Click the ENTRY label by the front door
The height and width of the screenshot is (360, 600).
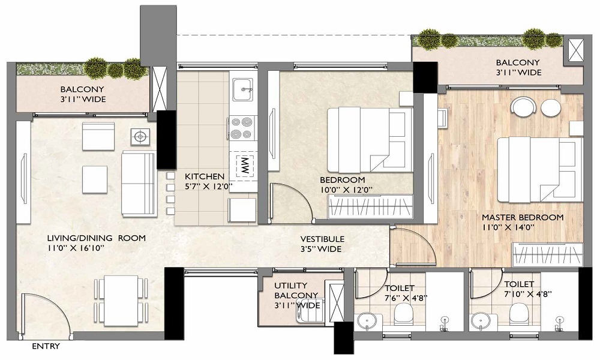46,346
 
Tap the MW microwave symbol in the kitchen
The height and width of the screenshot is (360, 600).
244,166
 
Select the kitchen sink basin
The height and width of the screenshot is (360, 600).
242,90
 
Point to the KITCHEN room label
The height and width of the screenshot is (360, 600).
205,176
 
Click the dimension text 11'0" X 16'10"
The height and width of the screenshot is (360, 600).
76,248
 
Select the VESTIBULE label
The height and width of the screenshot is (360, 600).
322,239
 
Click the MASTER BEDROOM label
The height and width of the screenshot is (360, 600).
523,217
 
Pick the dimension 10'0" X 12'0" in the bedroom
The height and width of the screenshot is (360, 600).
346,190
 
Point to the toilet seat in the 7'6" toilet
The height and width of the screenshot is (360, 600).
403,314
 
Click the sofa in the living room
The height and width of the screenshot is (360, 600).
139,183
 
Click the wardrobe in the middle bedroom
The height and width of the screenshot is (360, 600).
370,207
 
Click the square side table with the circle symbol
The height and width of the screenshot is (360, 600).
140,137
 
